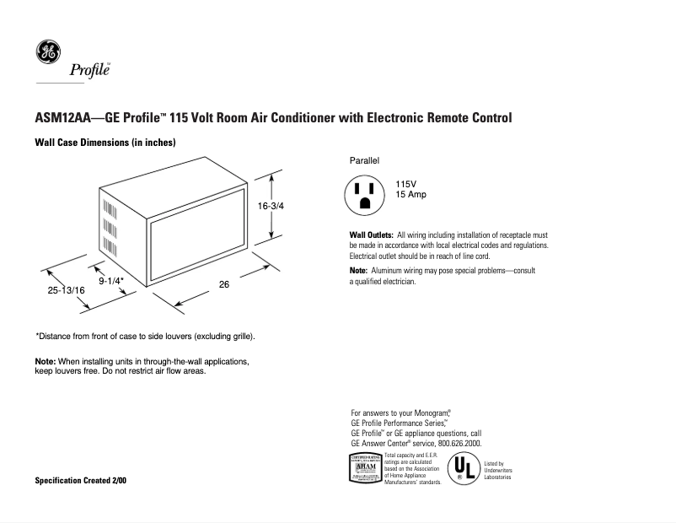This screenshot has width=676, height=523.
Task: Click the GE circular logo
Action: coord(47,52)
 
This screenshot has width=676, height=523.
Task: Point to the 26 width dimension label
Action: coord(224,284)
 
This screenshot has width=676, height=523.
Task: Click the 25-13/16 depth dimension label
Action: coord(66,290)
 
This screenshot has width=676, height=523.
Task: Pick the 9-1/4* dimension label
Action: coord(111,279)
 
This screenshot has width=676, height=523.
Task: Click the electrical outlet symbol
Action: coord(365,195)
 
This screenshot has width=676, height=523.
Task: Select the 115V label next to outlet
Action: coord(407,185)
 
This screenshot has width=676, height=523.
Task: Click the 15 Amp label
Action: coord(411,195)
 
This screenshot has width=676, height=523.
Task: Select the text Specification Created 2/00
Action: coord(82,480)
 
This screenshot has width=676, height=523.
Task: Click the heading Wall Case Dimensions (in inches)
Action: coord(105,143)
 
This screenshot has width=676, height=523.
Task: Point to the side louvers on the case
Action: coord(110,224)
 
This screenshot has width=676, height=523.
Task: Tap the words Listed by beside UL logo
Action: coord(494,464)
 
